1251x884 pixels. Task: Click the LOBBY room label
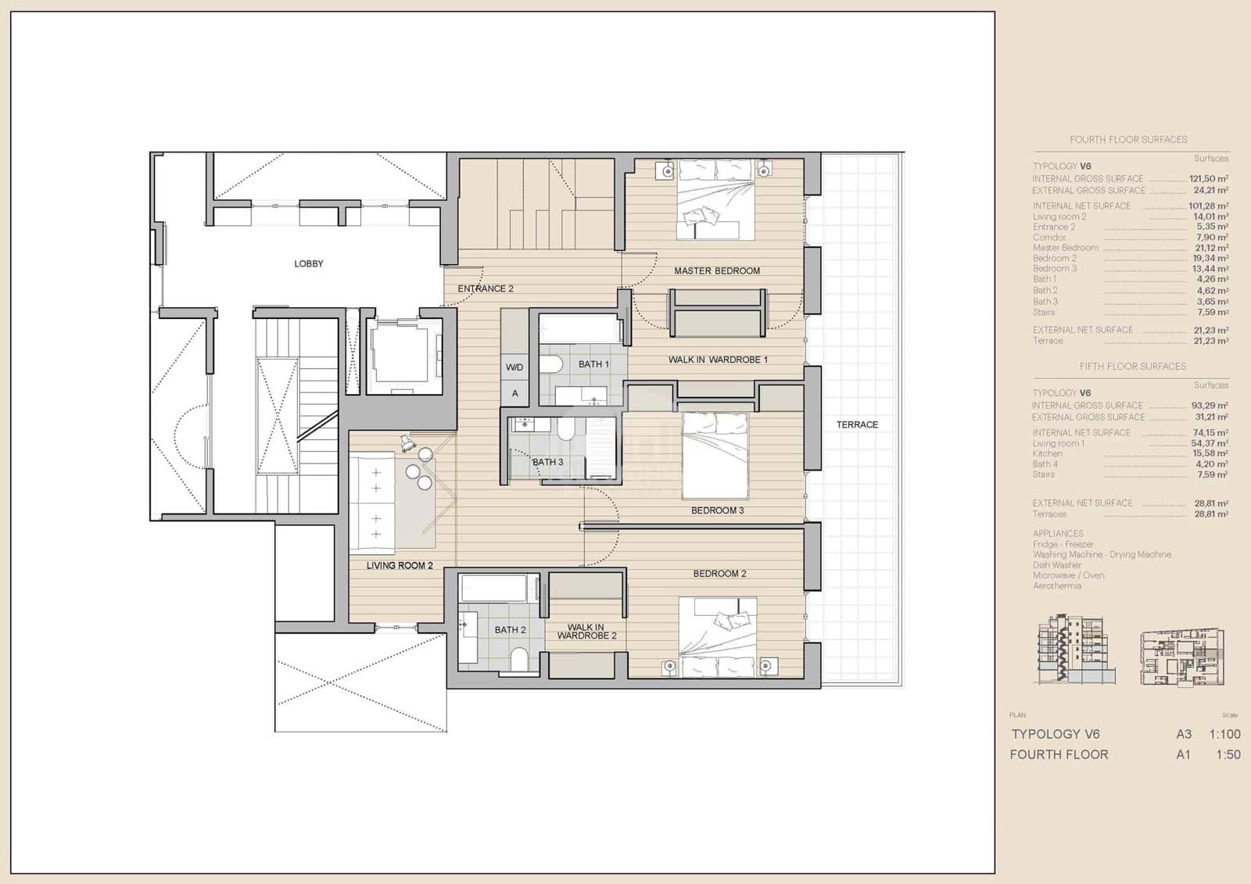coord(308,263)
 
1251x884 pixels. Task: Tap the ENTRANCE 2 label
coord(485,288)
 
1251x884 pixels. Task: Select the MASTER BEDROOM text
coord(717,270)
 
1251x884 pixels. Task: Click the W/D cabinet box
coord(514,367)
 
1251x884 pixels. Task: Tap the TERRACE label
coord(857,424)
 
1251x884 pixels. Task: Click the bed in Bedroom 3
coord(715,456)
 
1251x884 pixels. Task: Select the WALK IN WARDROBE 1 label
coord(718,360)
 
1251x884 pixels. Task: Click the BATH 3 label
coord(547,462)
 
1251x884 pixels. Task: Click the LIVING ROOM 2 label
coord(399,565)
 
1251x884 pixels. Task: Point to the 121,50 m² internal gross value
coord(1209,179)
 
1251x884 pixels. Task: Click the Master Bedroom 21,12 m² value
coord(1211,248)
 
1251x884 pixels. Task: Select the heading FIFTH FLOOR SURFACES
coord(1132,366)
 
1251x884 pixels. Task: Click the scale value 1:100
coord(1224,734)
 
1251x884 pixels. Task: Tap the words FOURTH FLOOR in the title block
coord(1059,754)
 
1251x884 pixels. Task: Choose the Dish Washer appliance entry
coord(1056,564)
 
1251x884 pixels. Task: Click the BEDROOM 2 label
coord(719,573)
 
